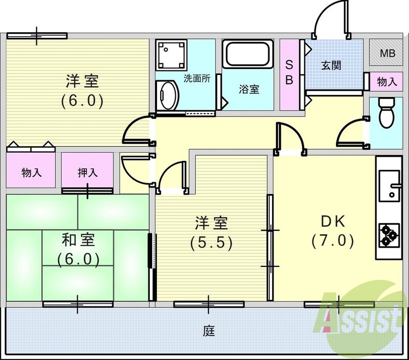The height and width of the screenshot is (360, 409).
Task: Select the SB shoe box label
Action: [289, 73]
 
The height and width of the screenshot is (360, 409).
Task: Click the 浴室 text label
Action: [249, 89]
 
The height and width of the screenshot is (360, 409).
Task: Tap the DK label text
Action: [333, 222]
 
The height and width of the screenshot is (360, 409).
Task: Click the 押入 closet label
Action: [87, 172]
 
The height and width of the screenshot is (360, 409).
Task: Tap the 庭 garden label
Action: [208, 331]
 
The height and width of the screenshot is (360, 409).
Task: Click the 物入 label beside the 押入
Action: [32, 172]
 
